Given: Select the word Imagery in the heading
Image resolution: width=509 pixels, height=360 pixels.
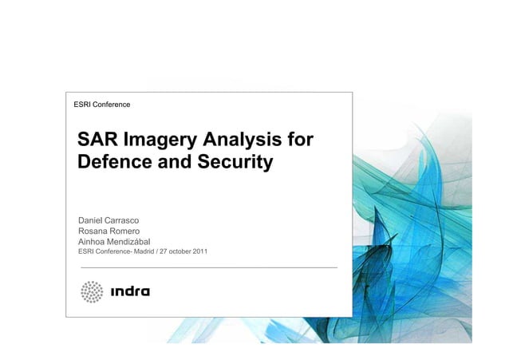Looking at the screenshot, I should pos(160,142).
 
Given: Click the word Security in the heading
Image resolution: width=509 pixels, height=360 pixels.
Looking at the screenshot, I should pos(236,164).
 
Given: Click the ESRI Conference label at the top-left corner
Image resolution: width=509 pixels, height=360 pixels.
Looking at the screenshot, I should pos(101,105).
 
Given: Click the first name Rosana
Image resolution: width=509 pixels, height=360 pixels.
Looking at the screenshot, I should pos(94,231).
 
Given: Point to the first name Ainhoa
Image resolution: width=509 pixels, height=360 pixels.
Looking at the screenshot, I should pos(93,242).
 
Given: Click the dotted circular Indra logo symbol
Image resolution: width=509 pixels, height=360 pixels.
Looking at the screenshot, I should pos(93,292).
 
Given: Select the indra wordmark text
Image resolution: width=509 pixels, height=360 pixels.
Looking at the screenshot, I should pos(130,292).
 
